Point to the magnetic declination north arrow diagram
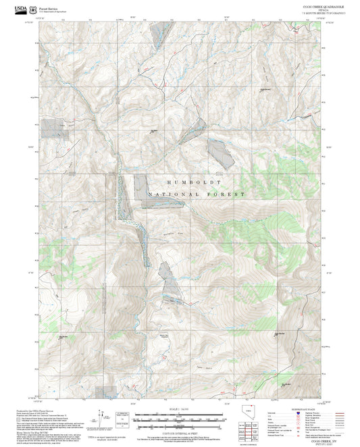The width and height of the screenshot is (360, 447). (101, 416)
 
